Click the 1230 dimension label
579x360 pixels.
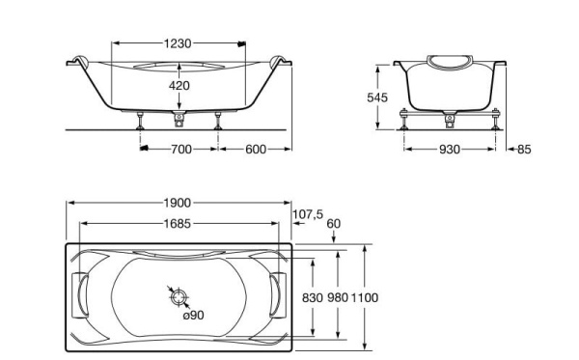pyautogui.click(x=178, y=43)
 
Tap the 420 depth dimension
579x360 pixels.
pyautogui.click(x=179, y=86)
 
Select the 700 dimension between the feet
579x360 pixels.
pyautogui.click(x=181, y=150)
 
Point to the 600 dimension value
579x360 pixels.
pyautogui.click(x=256, y=150)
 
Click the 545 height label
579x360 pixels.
pyautogui.click(x=377, y=97)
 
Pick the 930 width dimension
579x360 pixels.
pyautogui.click(x=450, y=150)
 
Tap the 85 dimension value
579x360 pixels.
pyautogui.click(x=524, y=150)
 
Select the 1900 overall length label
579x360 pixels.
pyautogui.click(x=178, y=203)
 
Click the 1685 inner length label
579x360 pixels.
pyautogui.click(x=178, y=223)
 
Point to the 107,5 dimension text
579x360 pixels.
pyautogui.click(x=308, y=214)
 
